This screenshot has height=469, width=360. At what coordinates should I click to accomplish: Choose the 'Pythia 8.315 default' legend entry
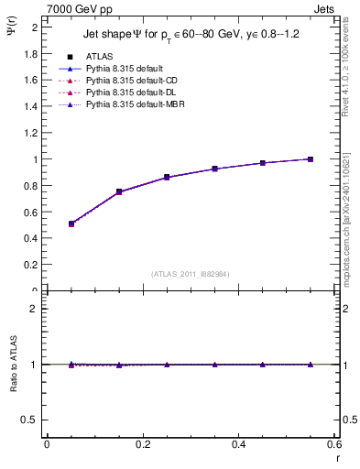pos(126,69)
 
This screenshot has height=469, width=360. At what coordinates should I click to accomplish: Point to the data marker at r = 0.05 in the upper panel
pos(71,224)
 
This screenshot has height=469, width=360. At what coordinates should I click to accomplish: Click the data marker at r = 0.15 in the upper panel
pos(119,191)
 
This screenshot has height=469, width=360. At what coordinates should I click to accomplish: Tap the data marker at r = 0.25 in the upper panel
pos(167,177)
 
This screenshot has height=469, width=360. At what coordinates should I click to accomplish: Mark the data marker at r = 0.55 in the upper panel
pos(311,159)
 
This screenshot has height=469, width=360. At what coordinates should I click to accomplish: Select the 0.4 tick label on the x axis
pos(239,444)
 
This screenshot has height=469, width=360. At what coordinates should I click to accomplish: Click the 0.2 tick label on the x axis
pos(143,444)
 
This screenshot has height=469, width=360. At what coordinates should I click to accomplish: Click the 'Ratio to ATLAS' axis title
pos(13,364)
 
